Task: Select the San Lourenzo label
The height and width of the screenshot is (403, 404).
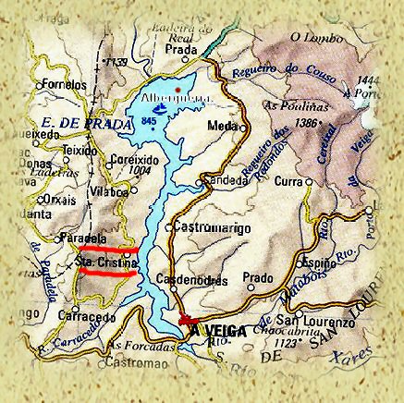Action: pyautogui.click(x=324, y=324)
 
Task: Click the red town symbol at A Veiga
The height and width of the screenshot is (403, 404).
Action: pyautogui.click(x=183, y=320)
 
